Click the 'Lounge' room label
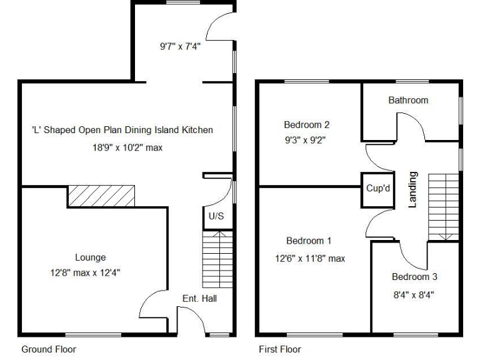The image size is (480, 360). point(90,257)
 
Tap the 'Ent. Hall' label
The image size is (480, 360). point(199,299)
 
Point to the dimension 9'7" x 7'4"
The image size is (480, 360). point(180,46)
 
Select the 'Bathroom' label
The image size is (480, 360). point(408,100)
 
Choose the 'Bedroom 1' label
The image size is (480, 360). point(309,241)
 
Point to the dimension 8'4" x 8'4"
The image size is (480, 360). point(412,294)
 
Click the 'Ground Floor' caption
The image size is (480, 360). point(49,349)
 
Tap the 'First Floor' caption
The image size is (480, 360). point(280,349)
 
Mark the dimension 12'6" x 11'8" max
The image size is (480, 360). point(309,258)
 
